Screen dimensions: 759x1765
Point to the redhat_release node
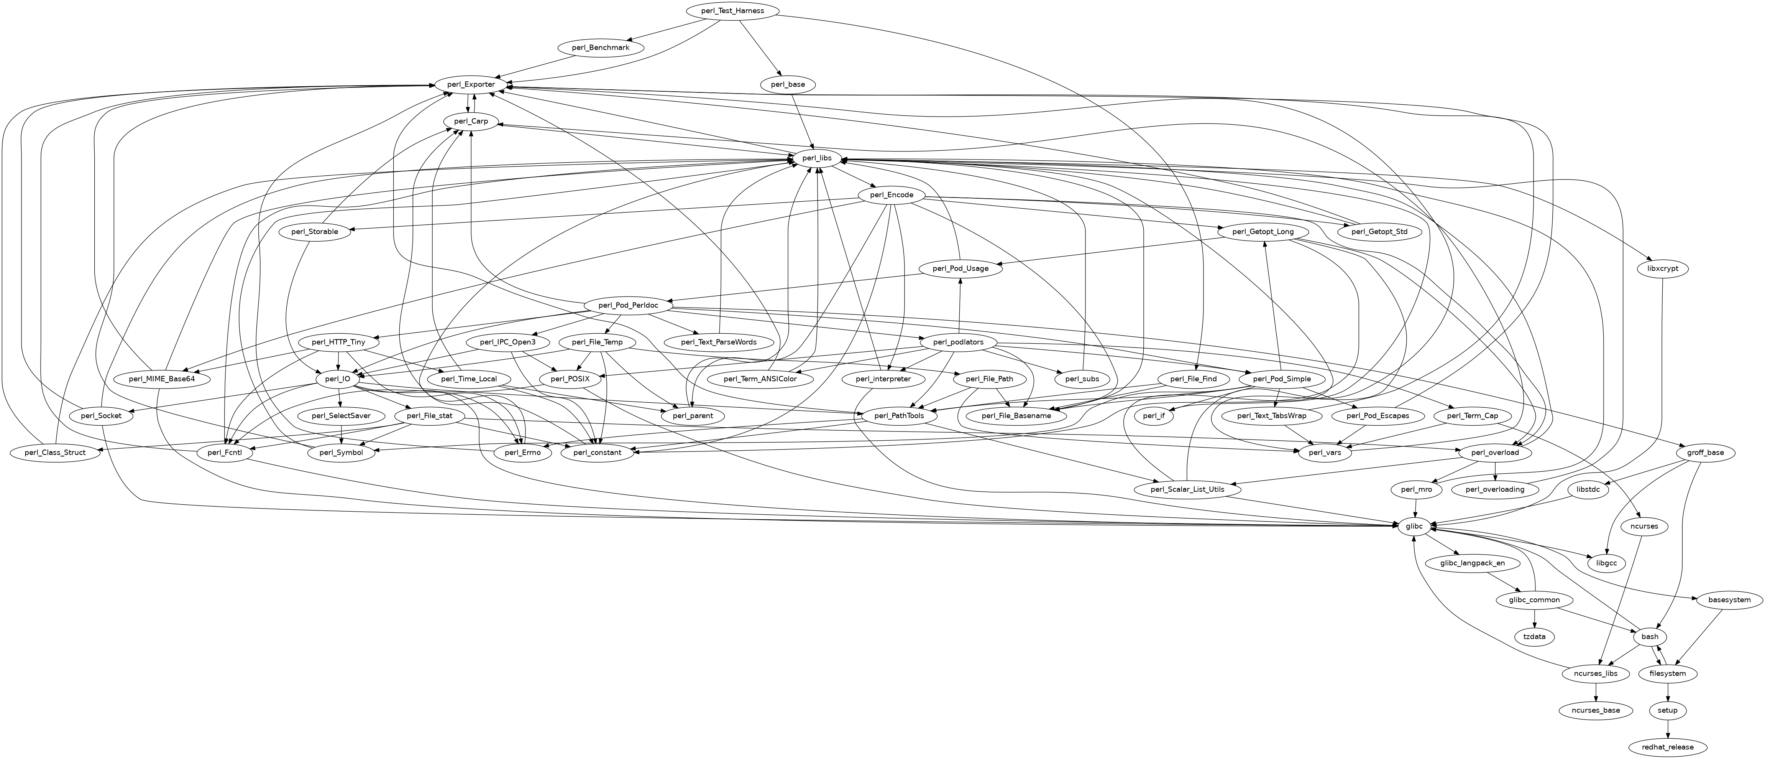click(1667, 747)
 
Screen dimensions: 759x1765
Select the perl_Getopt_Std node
click(1379, 232)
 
